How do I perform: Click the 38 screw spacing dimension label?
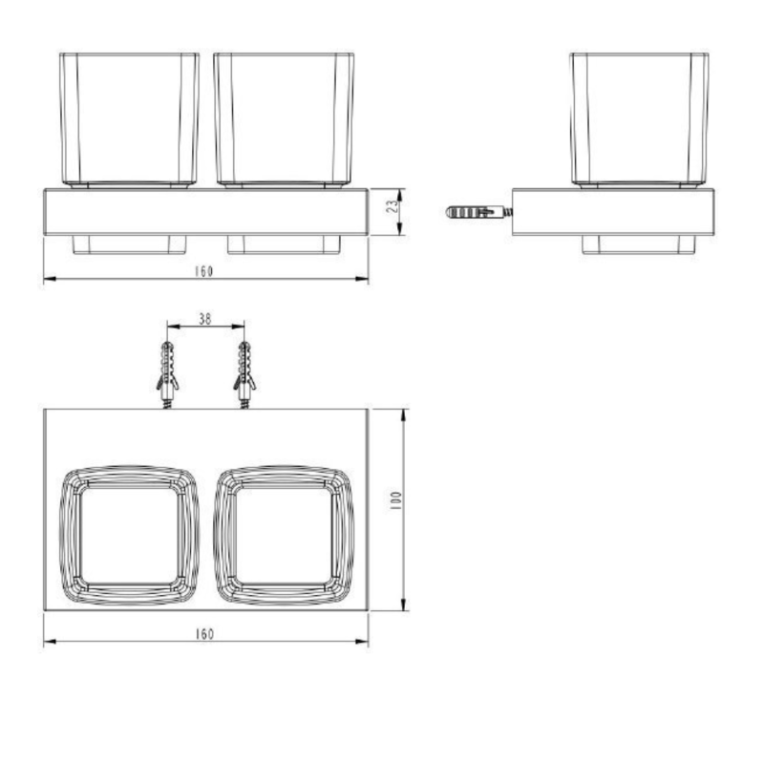point(205,320)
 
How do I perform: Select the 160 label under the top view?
point(203,634)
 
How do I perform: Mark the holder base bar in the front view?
point(206,211)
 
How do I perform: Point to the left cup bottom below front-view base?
point(130,244)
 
